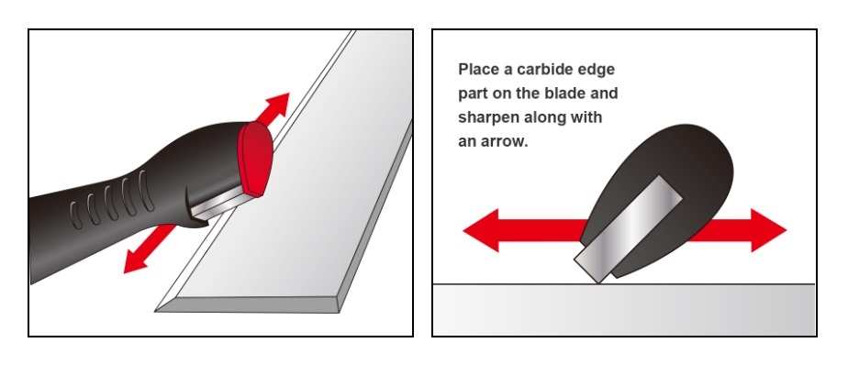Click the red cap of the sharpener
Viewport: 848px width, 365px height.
click(256, 157)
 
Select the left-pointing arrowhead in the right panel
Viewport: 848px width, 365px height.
click(481, 230)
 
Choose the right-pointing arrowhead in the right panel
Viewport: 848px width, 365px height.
click(768, 230)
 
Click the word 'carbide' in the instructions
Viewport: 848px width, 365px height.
click(545, 70)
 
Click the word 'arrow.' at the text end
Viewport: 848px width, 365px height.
click(508, 142)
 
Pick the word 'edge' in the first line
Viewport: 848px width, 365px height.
click(597, 71)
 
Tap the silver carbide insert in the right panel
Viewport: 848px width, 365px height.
click(629, 228)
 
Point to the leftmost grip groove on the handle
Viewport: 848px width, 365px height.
click(76, 216)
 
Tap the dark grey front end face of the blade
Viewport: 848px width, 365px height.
click(248, 304)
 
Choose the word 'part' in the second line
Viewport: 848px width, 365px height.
click(474, 94)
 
